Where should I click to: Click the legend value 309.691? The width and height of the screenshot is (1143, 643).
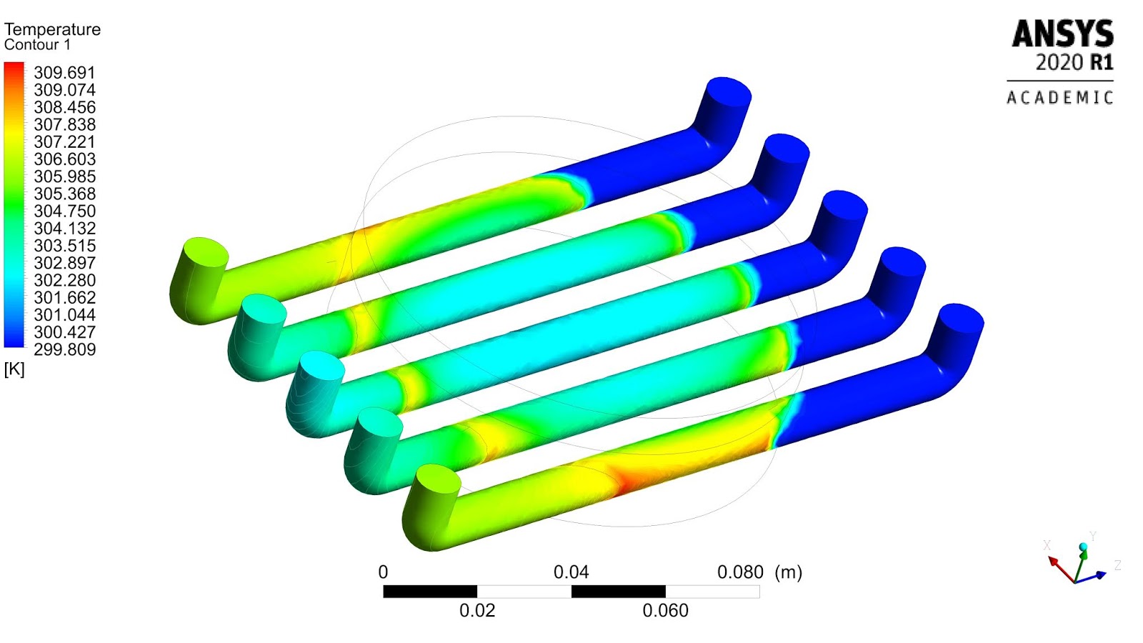click(64, 73)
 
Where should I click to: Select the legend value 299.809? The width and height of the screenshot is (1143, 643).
click(64, 349)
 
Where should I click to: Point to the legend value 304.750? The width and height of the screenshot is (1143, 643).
click(64, 211)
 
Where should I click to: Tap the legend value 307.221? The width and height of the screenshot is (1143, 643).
click(64, 142)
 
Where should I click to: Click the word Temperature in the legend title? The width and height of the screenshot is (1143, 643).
click(52, 29)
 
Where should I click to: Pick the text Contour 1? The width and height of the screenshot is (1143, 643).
click(37, 45)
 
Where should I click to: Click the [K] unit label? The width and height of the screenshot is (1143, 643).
click(14, 369)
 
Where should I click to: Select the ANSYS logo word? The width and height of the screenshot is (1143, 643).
click(1062, 34)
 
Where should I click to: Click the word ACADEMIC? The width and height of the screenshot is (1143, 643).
click(1060, 98)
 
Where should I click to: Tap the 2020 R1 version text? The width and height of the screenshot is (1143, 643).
click(1074, 63)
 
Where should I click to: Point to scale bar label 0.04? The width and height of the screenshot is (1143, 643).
click(571, 572)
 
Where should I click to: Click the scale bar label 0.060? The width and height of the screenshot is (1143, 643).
click(665, 611)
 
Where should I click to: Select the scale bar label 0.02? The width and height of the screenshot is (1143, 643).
click(477, 611)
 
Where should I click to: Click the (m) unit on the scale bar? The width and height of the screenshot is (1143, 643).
click(789, 572)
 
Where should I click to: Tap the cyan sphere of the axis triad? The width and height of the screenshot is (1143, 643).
click(1084, 547)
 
